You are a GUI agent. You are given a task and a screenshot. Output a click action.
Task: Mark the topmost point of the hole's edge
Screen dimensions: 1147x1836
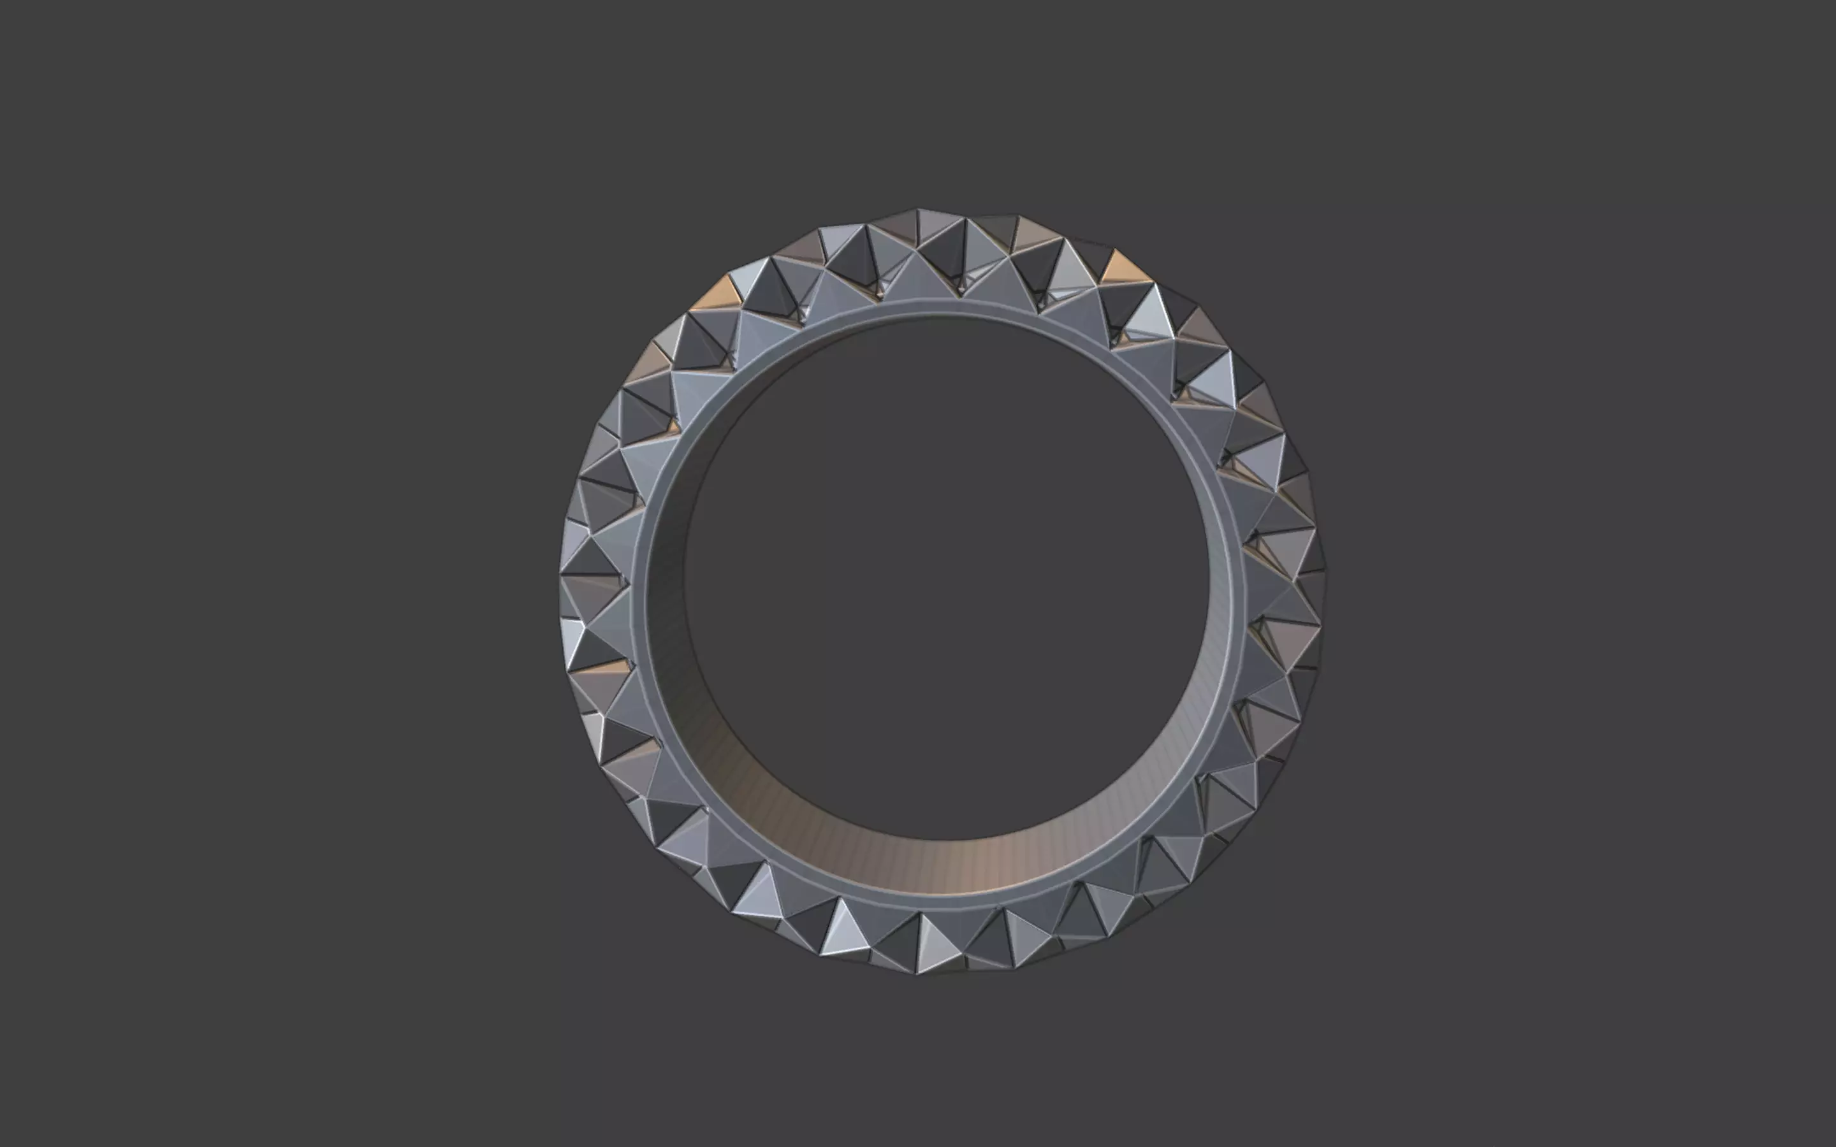[941, 315]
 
